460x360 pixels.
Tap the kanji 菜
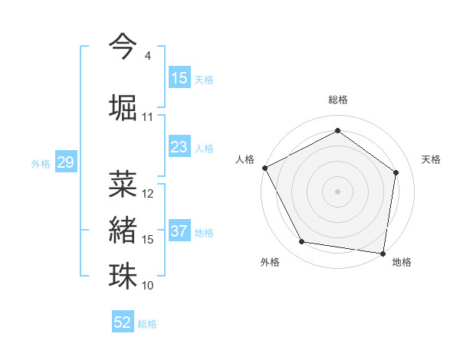pyautogui.click(x=123, y=182)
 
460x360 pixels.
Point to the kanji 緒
pyautogui.click(x=123, y=228)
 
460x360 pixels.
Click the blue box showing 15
pyautogui.click(x=179, y=78)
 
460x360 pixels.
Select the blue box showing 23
pyautogui.click(x=179, y=147)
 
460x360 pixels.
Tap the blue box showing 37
pyautogui.click(x=179, y=231)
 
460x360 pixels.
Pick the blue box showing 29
pyautogui.click(x=65, y=162)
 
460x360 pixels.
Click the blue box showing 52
pyautogui.click(x=123, y=322)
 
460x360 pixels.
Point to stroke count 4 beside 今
pyautogui.click(x=147, y=56)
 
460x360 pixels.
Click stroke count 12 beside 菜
pyautogui.click(x=148, y=193)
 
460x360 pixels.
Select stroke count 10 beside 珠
pyautogui.click(x=148, y=286)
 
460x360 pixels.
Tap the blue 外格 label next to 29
pyautogui.click(x=41, y=163)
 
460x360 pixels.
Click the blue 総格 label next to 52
pyautogui.click(x=148, y=323)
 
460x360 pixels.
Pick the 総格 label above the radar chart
pyautogui.click(x=338, y=100)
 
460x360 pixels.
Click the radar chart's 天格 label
pyautogui.click(x=432, y=159)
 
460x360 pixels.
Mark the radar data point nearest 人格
pyautogui.click(x=264, y=167)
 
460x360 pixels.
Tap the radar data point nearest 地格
pyautogui.click(x=383, y=253)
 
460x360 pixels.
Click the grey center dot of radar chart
pyautogui.click(x=338, y=191)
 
